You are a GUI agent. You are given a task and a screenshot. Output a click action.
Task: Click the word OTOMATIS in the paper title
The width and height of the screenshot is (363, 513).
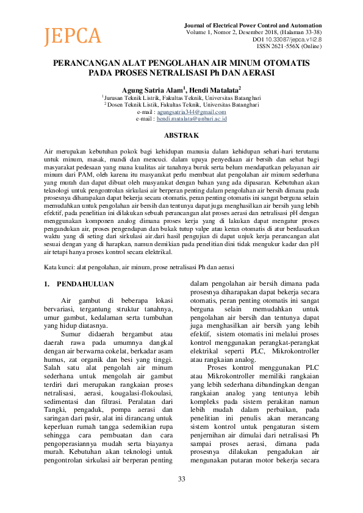coord(286,63)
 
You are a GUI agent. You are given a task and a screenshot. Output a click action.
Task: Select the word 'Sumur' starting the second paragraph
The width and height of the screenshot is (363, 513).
coord(74,334)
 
